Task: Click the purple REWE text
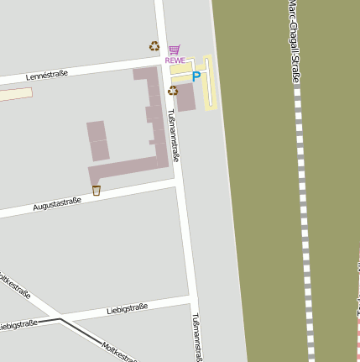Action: [x=175, y=60]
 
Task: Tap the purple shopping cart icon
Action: [x=175, y=50]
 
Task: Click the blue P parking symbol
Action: [x=196, y=76]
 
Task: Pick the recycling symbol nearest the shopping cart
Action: [x=154, y=47]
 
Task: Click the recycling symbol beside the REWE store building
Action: [x=172, y=91]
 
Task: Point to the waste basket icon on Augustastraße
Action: [x=96, y=191]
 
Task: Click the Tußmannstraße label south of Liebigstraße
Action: [x=198, y=336]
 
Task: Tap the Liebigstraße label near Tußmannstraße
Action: [x=127, y=310]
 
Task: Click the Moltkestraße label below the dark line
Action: [x=117, y=350]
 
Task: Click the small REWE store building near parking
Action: [x=185, y=97]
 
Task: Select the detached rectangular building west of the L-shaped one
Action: [x=98, y=141]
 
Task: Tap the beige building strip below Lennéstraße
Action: [x=15, y=95]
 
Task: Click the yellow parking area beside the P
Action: [x=209, y=84]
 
